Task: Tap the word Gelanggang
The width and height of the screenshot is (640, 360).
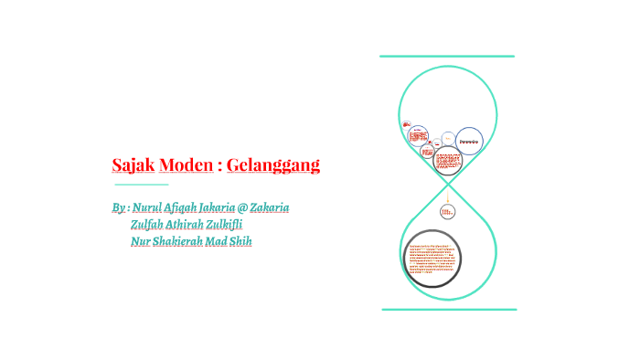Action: [x=272, y=165]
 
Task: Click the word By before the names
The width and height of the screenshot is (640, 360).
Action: [x=119, y=207]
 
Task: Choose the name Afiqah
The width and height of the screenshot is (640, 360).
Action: [x=185, y=207]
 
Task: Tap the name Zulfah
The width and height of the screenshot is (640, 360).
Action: [x=147, y=225]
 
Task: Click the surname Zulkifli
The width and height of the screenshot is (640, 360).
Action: [x=235, y=225]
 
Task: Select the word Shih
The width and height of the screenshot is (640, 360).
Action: [x=240, y=241]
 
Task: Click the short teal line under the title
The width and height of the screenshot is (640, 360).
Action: [x=141, y=185]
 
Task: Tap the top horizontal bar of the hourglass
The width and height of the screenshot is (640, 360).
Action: [x=447, y=57]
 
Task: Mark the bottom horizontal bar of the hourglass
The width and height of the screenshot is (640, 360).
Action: [x=448, y=310]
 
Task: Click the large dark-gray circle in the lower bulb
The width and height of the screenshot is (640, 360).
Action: [x=432, y=259]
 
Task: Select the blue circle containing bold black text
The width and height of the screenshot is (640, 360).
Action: [x=469, y=141]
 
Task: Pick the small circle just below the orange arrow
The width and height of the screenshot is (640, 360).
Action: [x=447, y=212]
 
